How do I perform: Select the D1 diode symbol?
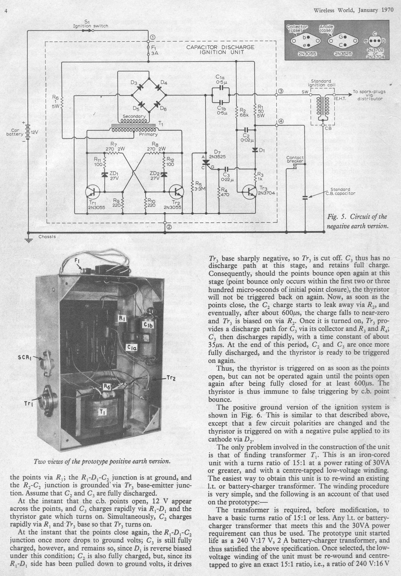tap(255, 150)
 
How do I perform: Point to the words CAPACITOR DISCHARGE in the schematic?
tap(220, 47)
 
